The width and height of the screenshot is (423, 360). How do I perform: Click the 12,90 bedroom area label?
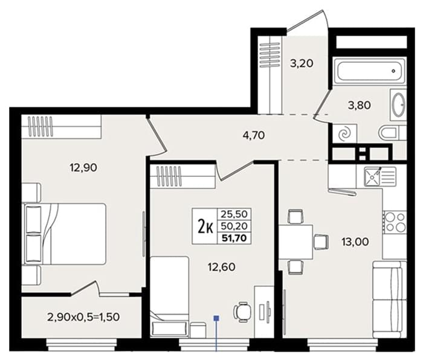click(83, 168)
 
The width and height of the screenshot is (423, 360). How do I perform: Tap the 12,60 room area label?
click(221, 267)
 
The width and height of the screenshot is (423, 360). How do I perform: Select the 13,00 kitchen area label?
click(355, 242)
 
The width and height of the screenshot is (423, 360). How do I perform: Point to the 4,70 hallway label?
click(254, 135)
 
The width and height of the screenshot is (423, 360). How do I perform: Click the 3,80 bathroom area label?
click(360, 105)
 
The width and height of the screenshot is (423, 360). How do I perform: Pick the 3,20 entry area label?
click(302, 63)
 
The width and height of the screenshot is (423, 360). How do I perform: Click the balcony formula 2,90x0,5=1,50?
click(83, 317)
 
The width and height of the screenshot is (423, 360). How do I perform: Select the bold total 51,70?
click(234, 239)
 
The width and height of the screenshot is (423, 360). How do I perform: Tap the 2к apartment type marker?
click(205, 227)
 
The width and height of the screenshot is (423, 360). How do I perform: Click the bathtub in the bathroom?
click(369, 71)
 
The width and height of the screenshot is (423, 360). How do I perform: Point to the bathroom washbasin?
click(398, 105)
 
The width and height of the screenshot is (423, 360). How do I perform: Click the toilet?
click(393, 133)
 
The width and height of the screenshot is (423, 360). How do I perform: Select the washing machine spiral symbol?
click(344, 134)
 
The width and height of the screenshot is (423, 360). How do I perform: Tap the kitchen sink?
click(380, 176)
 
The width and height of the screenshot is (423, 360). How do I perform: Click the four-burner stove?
click(395, 222)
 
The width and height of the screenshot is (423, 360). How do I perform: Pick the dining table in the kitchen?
click(295, 242)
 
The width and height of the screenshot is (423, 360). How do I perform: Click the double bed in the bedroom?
click(65, 234)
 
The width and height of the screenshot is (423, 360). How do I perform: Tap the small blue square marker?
click(216, 318)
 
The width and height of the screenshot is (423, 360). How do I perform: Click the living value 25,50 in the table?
click(234, 214)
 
